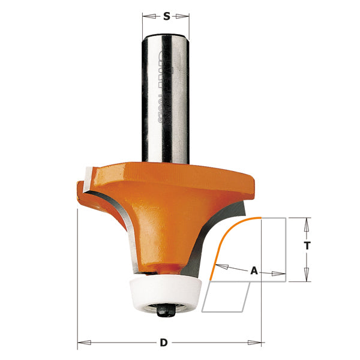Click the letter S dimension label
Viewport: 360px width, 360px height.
point(166,16)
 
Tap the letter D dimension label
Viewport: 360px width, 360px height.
point(163,343)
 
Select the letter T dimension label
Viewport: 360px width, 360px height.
point(307,246)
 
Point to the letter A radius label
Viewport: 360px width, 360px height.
point(254,271)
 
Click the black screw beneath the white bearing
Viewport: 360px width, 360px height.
point(163,310)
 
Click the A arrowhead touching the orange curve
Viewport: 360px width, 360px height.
point(218,266)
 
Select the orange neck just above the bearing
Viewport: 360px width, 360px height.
point(163,265)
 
